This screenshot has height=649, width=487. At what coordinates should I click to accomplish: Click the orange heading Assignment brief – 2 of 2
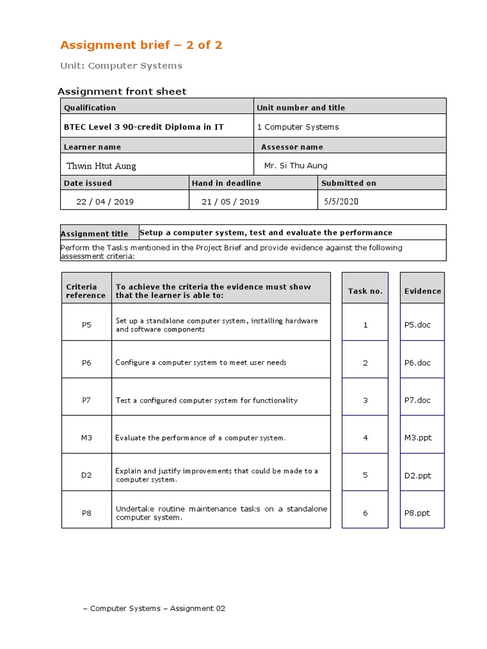(141, 45)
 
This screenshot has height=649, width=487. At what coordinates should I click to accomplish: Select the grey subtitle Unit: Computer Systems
(121, 66)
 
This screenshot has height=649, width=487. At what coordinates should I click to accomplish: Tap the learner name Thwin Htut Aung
(101, 166)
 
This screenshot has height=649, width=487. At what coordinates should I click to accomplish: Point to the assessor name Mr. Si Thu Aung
(295, 166)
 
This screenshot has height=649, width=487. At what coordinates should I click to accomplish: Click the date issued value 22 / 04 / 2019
(105, 202)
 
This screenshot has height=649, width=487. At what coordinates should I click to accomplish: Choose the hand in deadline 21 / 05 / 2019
(230, 202)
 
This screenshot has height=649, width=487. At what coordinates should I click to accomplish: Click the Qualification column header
(90, 108)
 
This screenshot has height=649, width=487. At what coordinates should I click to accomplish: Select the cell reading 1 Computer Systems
(297, 127)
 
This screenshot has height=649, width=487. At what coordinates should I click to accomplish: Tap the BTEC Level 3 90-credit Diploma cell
(144, 127)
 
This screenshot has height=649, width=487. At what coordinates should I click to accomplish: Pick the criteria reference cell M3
(87, 438)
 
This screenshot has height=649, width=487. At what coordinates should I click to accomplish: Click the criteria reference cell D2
(87, 475)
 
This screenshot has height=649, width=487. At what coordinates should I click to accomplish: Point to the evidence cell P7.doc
(417, 401)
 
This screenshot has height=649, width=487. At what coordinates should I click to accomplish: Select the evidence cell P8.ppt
(417, 513)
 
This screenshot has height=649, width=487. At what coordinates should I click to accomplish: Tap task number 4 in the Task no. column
(365, 438)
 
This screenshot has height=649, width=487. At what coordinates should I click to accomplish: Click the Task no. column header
(365, 291)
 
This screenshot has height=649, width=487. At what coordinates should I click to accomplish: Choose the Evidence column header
(422, 291)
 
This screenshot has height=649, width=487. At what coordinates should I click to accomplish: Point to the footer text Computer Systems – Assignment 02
(154, 608)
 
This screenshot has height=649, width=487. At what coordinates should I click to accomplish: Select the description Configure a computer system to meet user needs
(201, 363)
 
